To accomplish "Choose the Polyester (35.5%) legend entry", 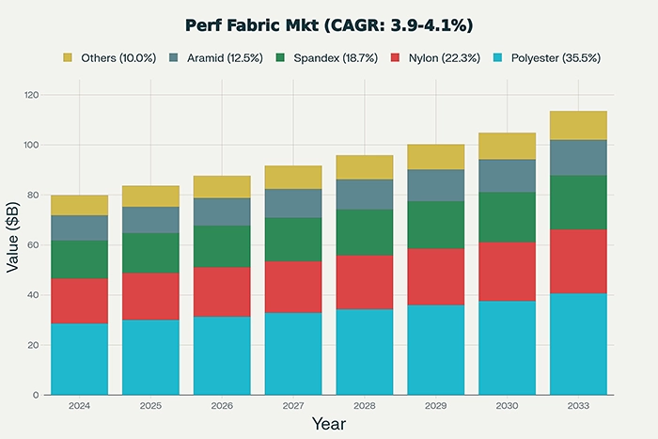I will tap(544, 57).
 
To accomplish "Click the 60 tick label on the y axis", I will tap(32, 245).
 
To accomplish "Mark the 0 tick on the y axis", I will tap(35, 395).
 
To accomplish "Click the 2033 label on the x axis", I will tap(578, 405).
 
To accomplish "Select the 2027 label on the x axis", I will tap(293, 405).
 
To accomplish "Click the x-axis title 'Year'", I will tap(328, 424).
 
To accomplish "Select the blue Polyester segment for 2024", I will tap(79, 359).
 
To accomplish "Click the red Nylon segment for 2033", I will tap(578, 261).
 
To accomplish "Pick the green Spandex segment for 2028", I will tap(365, 232).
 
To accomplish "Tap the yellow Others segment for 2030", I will tap(507, 146).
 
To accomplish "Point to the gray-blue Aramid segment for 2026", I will tap(222, 212).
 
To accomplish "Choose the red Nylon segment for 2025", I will tap(150, 296).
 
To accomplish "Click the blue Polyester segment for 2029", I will tap(435, 350).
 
